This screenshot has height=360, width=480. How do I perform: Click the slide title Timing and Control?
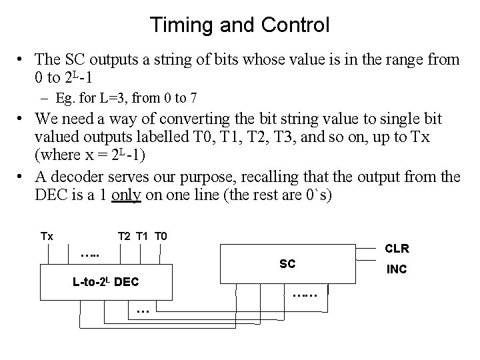click(x=239, y=25)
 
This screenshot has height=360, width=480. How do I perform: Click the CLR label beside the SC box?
click(x=397, y=249)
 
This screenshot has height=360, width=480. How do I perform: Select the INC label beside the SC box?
click(x=396, y=271)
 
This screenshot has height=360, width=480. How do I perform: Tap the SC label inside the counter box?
click(x=287, y=264)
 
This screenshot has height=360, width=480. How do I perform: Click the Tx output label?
click(x=47, y=236)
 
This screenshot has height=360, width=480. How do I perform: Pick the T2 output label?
click(x=124, y=236)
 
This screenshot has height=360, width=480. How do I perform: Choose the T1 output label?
click(x=142, y=236)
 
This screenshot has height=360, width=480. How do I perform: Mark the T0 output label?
click(x=161, y=236)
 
